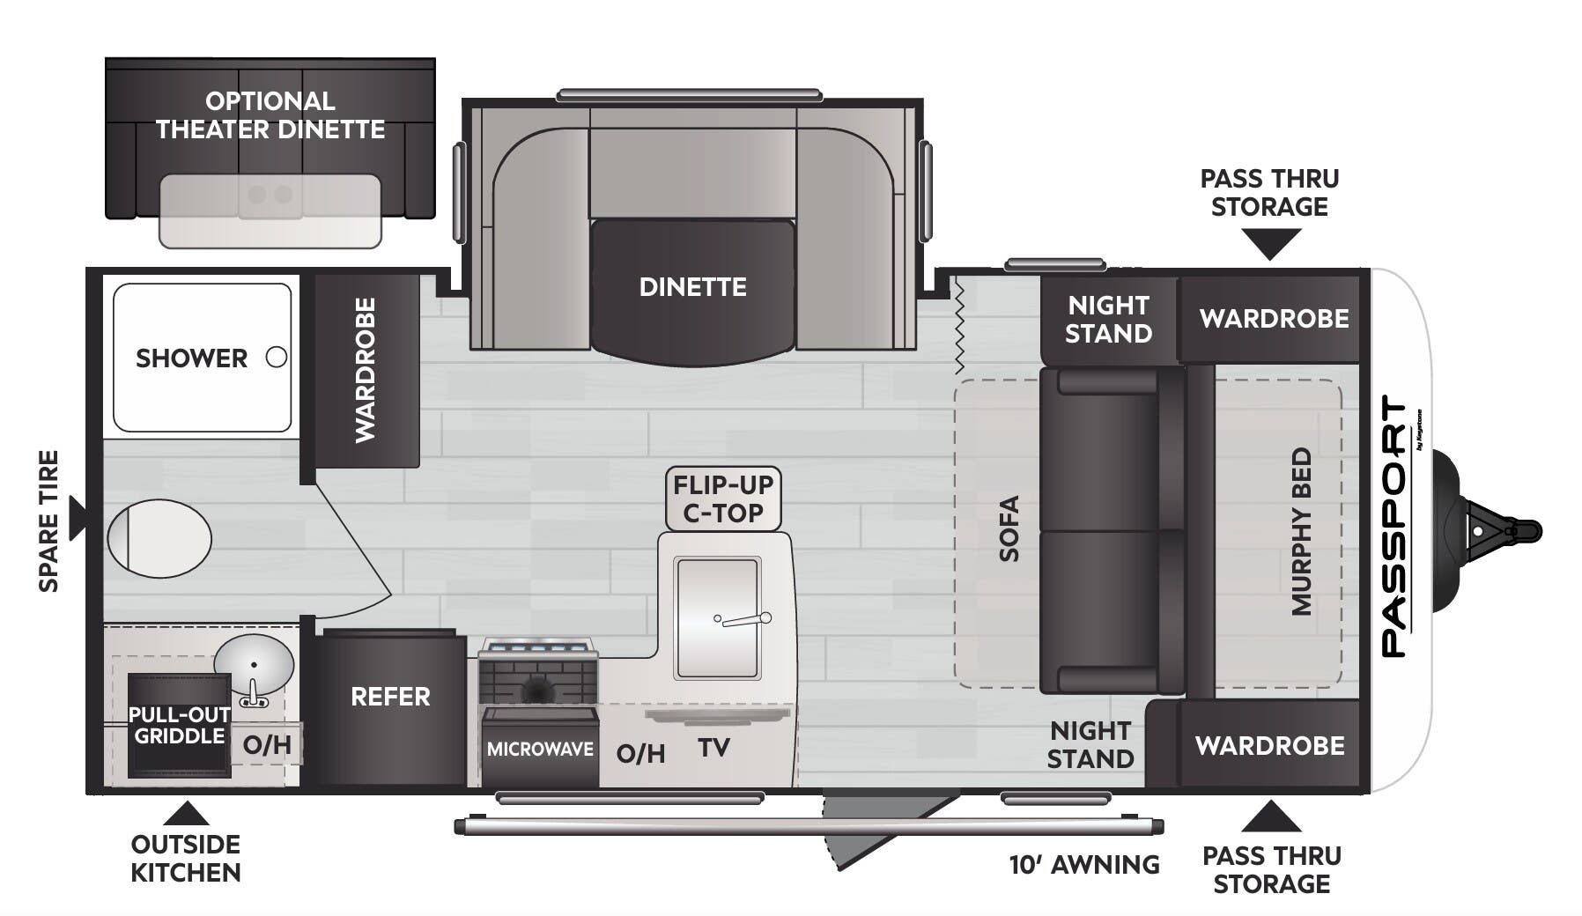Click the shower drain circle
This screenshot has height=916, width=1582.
tap(277, 358)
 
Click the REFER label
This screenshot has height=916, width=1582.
tap(390, 697)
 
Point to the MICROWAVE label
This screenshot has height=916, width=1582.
tap(540, 750)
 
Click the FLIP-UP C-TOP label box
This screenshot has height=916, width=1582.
tap(723, 499)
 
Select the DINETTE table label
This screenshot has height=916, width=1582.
tap(692, 287)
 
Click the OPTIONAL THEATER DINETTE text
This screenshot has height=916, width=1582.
tap(270, 115)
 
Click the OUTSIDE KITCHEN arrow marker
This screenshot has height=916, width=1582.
tap(186, 814)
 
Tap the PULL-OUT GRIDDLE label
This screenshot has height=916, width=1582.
tap(180, 725)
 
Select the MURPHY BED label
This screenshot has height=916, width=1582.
tap(1302, 531)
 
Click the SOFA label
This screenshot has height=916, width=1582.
tap(1009, 528)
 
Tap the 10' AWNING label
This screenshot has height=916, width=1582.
tap(1083, 865)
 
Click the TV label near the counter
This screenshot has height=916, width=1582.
tap(713, 748)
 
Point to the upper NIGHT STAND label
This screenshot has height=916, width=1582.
tap(1108, 319)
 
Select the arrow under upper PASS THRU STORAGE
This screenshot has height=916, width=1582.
tap(1269, 243)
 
